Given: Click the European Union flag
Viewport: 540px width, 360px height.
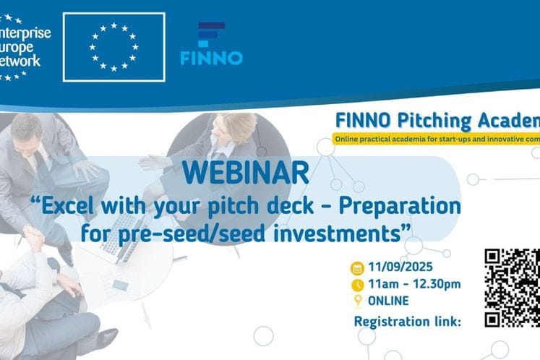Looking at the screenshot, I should (113, 47).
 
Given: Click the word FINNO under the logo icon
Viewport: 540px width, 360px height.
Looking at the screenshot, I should (211, 57).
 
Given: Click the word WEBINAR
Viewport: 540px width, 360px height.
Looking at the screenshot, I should (246, 174).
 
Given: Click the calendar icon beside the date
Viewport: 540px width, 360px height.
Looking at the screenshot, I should (356, 268).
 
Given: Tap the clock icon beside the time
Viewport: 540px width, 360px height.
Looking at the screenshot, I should (356, 285).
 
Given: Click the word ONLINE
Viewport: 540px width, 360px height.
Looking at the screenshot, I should (388, 301).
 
